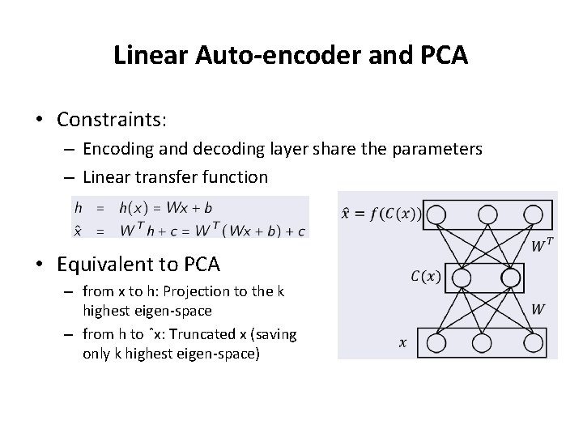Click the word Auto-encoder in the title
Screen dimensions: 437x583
[x=254, y=56]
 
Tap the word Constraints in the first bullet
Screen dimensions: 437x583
[x=110, y=120]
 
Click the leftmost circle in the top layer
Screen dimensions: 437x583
[x=436, y=214]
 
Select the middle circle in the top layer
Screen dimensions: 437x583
[x=487, y=214]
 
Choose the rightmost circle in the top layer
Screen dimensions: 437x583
[x=534, y=214]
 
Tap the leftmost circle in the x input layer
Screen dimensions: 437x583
[x=436, y=342]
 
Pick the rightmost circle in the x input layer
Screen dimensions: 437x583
[x=534, y=342]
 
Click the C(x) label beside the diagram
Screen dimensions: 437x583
[x=426, y=277]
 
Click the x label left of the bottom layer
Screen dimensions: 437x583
[x=402, y=343]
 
